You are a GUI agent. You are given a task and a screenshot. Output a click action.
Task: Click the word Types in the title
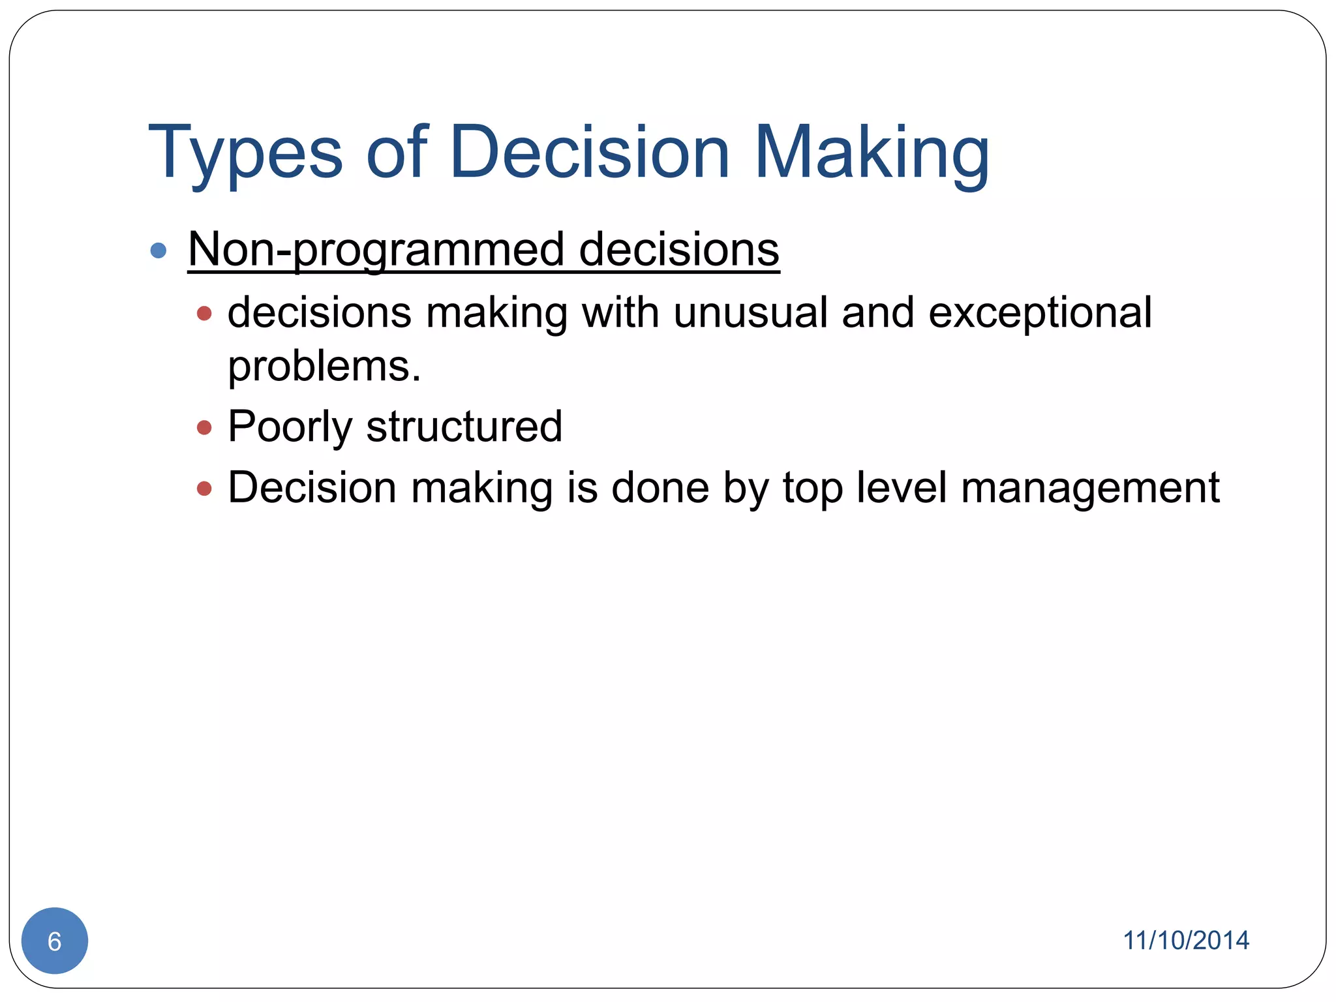(x=245, y=153)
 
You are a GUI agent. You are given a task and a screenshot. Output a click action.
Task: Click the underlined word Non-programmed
(x=376, y=250)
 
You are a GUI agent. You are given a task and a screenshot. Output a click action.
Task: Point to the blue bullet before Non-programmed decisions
(x=158, y=250)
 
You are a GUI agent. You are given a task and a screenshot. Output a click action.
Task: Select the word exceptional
(x=1040, y=314)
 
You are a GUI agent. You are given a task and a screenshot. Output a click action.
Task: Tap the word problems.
(x=324, y=367)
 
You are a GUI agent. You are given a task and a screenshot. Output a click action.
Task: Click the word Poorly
(x=290, y=427)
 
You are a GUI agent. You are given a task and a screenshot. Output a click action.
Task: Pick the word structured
(x=464, y=427)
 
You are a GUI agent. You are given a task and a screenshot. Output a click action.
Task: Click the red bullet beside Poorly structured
(x=204, y=428)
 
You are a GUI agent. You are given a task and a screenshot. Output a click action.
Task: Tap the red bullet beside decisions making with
(x=204, y=314)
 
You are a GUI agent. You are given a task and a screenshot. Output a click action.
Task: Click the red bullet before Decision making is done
(x=204, y=488)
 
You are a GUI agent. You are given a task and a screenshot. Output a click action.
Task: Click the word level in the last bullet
(x=901, y=487)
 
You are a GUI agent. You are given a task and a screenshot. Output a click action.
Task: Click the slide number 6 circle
(x=55, y=941)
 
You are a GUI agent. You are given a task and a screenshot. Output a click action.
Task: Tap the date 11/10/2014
(x=1185, y=941)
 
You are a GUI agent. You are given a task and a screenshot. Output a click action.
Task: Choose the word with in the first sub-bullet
(x=620, y=312)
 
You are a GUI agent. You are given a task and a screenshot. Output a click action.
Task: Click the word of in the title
(x=396, y=153)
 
